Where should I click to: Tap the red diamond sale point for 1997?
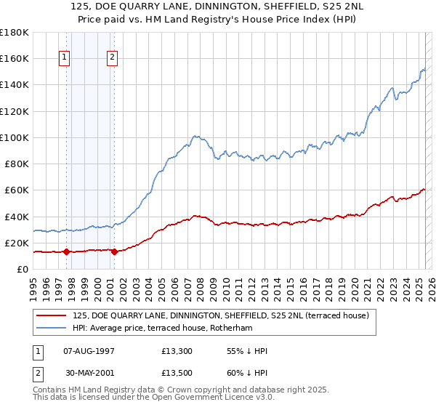[x=66, y=252]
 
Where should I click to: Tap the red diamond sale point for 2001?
[x=114, y=252]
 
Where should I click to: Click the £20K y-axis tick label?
[x=17, y=243]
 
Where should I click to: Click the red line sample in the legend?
[x=52, y=315]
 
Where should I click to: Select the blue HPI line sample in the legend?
[x=52, y=329]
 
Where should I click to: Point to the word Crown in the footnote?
[x=187, y=390]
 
